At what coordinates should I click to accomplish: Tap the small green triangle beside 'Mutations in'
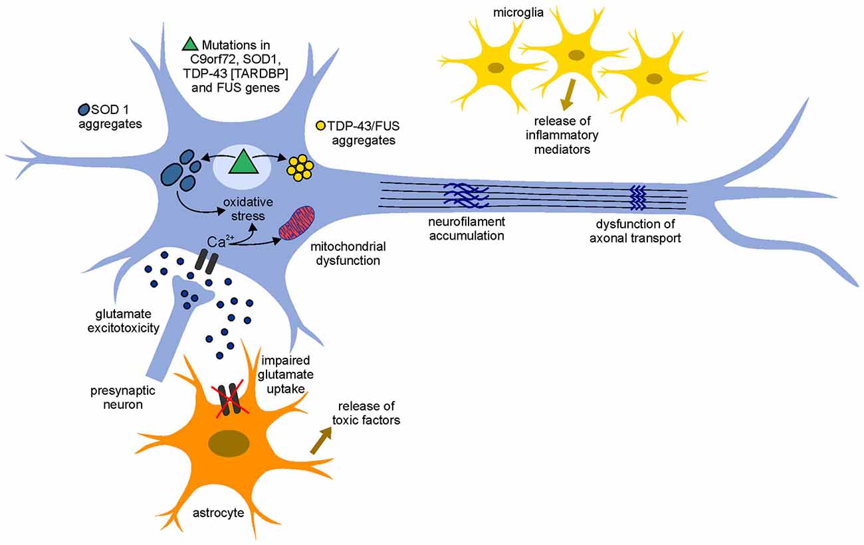(190, 44)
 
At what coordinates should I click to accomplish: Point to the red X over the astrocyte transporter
(230, 402)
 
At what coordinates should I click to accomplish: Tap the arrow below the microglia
(566, 97)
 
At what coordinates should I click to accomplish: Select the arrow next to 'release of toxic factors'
(322, 439)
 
